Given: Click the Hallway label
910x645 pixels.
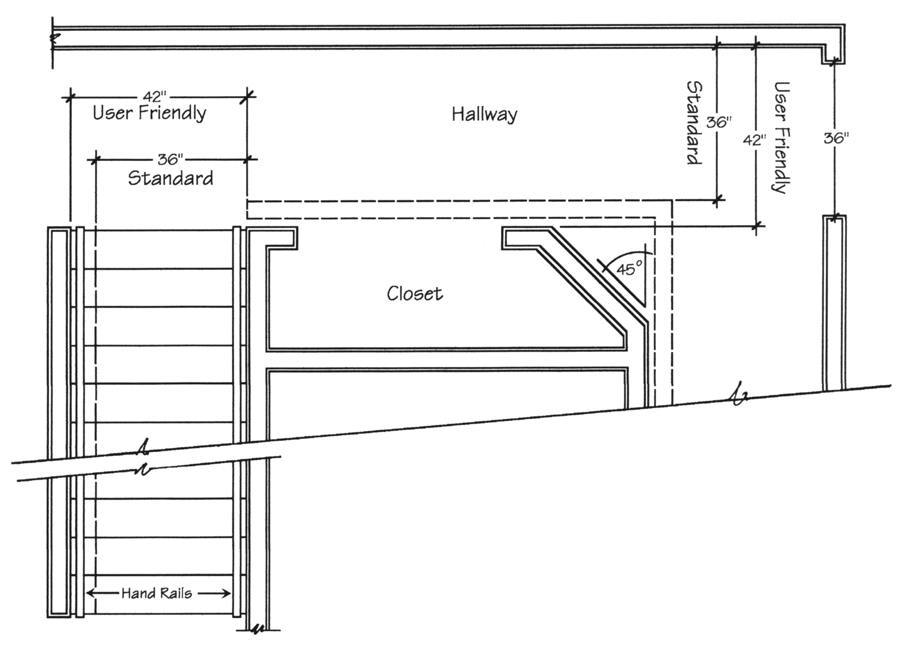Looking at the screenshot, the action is tap(485, 114).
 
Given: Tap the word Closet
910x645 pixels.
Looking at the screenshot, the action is tap(415, 293).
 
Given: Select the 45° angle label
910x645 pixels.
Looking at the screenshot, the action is tap(630, 268).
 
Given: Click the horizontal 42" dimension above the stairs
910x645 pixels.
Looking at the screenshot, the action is tap(155, 97).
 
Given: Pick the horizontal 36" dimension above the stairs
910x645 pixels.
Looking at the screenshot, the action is tap(171, 159).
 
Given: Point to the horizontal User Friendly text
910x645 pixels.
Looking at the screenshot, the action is tap(150, 113).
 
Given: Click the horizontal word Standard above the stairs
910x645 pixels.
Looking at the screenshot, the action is tap(171, 178).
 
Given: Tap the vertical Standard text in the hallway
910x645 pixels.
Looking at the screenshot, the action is tap(694, 123).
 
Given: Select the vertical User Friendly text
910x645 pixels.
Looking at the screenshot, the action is tap(781, 138).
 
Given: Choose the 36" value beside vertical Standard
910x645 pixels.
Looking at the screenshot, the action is tap(719, 122).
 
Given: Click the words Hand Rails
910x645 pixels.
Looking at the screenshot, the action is tap(156, 593).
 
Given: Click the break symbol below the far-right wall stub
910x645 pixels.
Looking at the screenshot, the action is tap(739, 394).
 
